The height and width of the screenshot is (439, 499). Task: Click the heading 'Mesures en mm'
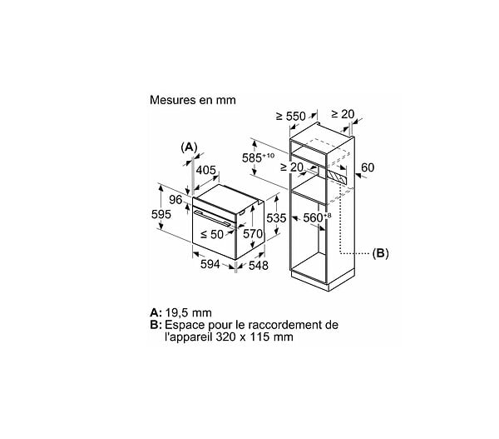coord(193,100)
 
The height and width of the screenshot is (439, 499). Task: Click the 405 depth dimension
coord(206,170)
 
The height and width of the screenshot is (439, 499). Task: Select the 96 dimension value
coord(175,200)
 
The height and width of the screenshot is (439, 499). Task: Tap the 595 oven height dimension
coord(161,214)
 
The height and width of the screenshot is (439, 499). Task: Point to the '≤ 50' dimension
coord(212,234)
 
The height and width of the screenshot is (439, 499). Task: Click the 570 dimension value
coord(253,234)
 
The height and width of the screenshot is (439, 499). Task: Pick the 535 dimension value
coord(276,218)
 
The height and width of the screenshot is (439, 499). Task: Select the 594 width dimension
coord(210,264)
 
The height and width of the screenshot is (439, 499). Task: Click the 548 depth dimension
coord(258,265)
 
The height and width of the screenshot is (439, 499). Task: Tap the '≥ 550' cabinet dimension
coord(291,117)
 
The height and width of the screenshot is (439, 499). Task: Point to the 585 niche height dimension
coord(258,157)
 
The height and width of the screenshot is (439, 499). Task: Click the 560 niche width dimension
coord(317,217)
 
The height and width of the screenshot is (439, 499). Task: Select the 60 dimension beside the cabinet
coord(368,167)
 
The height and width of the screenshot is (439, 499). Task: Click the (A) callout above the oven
coord(189,147)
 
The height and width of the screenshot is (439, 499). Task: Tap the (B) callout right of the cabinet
coord(380,253)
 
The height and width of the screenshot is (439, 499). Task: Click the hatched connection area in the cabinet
coord(338,177)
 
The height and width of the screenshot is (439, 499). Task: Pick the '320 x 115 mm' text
coord(254,337)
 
